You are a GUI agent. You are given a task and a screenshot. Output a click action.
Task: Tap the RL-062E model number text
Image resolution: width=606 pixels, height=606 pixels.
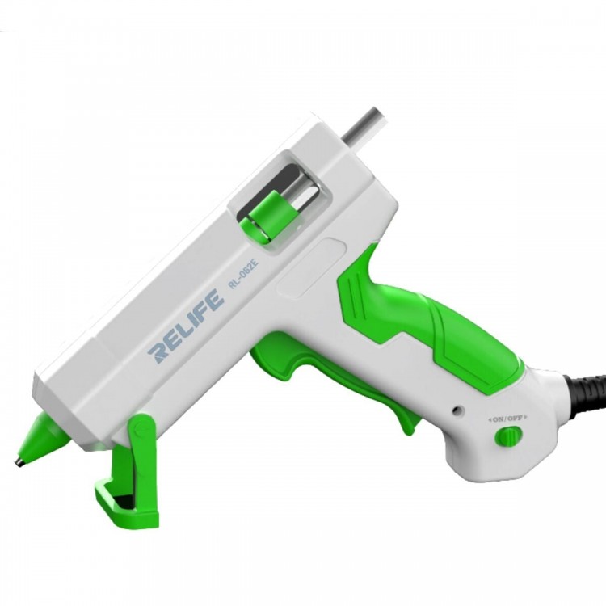tap(243, 275)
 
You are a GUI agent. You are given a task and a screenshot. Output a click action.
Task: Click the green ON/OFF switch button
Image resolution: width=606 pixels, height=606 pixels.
tap(508, 436)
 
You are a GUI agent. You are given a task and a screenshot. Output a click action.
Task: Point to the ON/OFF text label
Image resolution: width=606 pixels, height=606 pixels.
tap(508, 419)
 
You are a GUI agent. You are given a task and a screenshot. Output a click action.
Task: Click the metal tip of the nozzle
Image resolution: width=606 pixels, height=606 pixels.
tap(19, 461)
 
